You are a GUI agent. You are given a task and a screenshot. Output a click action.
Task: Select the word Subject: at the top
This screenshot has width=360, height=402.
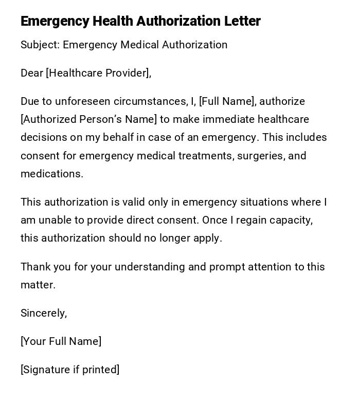pos(40,45)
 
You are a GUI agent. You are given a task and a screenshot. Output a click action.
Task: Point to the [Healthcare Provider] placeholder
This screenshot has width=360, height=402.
pos(98,73)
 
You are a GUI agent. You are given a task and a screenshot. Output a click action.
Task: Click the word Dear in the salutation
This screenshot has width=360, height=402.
pos(32,73)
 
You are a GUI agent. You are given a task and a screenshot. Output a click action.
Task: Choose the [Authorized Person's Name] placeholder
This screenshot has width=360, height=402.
pos(88,119)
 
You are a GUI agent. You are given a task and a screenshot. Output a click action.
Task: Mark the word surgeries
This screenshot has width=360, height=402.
pos(258,156)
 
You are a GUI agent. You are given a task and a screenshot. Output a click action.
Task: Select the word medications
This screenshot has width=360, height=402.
pos(51,174)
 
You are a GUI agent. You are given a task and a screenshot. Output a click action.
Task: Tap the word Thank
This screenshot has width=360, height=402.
pos(34,267)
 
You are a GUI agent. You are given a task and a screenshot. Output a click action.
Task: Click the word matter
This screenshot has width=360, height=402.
pos(38,285)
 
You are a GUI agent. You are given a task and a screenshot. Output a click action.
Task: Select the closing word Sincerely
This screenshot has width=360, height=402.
pos(43,313)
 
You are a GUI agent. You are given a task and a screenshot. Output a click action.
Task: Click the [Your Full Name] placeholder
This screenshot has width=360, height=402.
pos(61,341)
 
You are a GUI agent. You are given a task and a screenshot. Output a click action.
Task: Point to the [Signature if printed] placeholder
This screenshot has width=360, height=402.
pos(70,370)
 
